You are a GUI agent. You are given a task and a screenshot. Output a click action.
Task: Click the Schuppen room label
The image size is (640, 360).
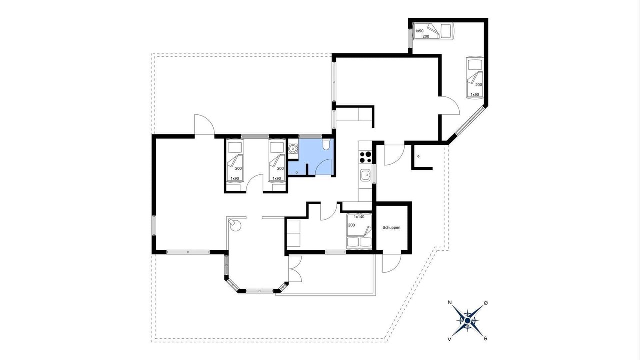(391, 228)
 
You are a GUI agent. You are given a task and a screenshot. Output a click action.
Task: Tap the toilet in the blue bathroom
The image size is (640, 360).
(326, 144)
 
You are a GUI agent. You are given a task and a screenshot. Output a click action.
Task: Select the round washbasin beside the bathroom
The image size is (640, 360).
(293, 149)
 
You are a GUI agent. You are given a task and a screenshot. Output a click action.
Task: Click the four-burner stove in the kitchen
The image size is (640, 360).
(365, 157)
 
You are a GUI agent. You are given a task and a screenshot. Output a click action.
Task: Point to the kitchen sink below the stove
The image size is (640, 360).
(365, 175)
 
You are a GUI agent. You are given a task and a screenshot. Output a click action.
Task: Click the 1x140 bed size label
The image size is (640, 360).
(359, 217)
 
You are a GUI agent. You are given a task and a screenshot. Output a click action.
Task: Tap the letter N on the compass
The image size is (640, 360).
(449, 302)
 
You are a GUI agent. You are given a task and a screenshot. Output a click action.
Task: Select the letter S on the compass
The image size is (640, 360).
(485, 339)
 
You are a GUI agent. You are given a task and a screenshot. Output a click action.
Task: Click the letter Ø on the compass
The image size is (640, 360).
(486, 303)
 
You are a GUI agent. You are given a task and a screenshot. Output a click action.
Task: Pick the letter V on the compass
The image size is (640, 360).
(449, 339)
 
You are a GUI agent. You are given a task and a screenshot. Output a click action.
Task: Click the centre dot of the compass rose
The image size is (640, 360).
(467, 321)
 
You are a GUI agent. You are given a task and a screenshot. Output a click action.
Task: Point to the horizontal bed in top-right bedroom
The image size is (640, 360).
(433, 31)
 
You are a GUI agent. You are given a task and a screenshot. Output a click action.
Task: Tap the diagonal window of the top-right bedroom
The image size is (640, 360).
(470, 121)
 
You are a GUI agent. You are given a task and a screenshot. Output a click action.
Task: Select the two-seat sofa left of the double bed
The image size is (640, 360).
(293, 233)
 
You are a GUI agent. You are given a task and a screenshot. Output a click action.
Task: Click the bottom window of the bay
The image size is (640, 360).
(259, 291)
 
